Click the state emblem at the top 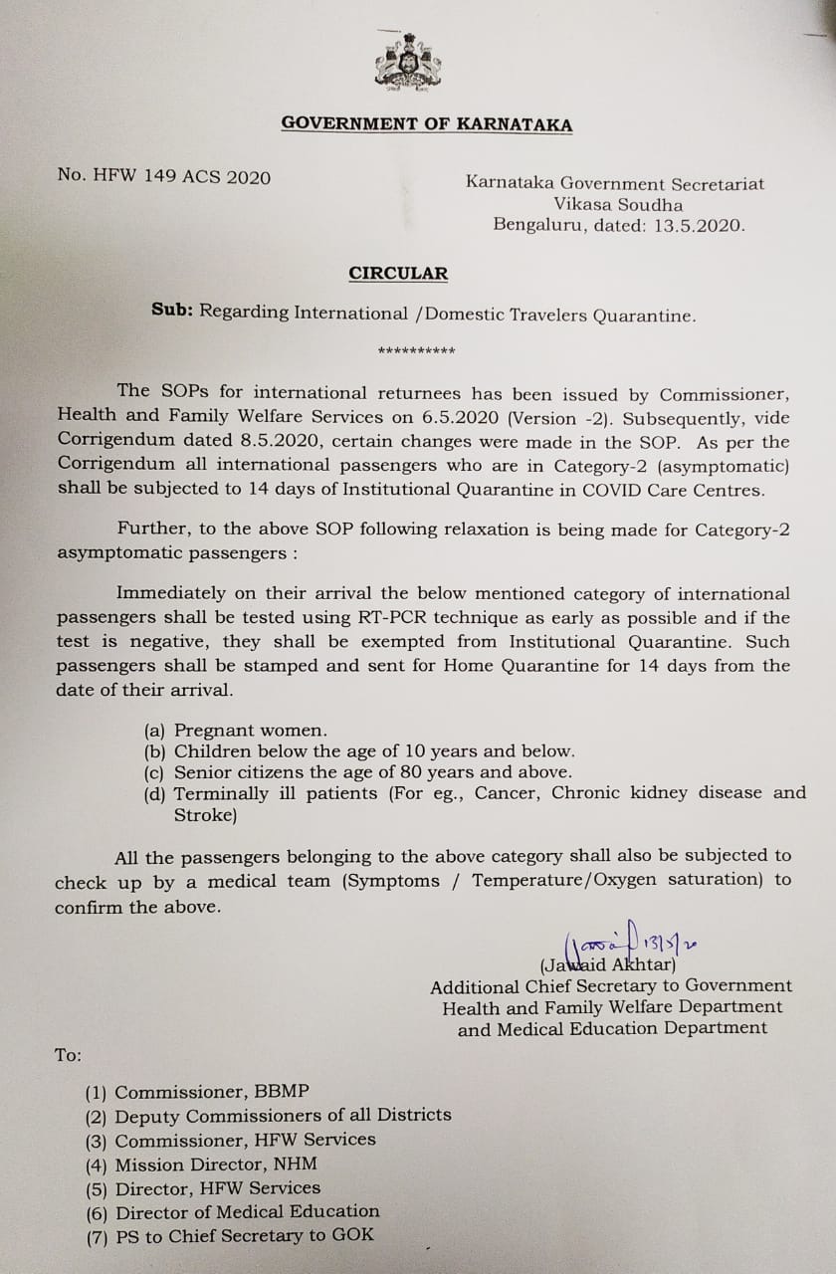tap(408, 62)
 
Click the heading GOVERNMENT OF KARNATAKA tap(426, 124)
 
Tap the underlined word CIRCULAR tap(398, 274)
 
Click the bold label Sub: tap(172, 312)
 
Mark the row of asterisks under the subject tap(417, 351)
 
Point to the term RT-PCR tap(404, 618)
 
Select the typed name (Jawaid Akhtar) tap(608, 964)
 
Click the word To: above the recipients tap(69, 1055)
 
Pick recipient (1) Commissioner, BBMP tap(183, 1092)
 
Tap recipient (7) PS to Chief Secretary tap(230, 1236)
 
